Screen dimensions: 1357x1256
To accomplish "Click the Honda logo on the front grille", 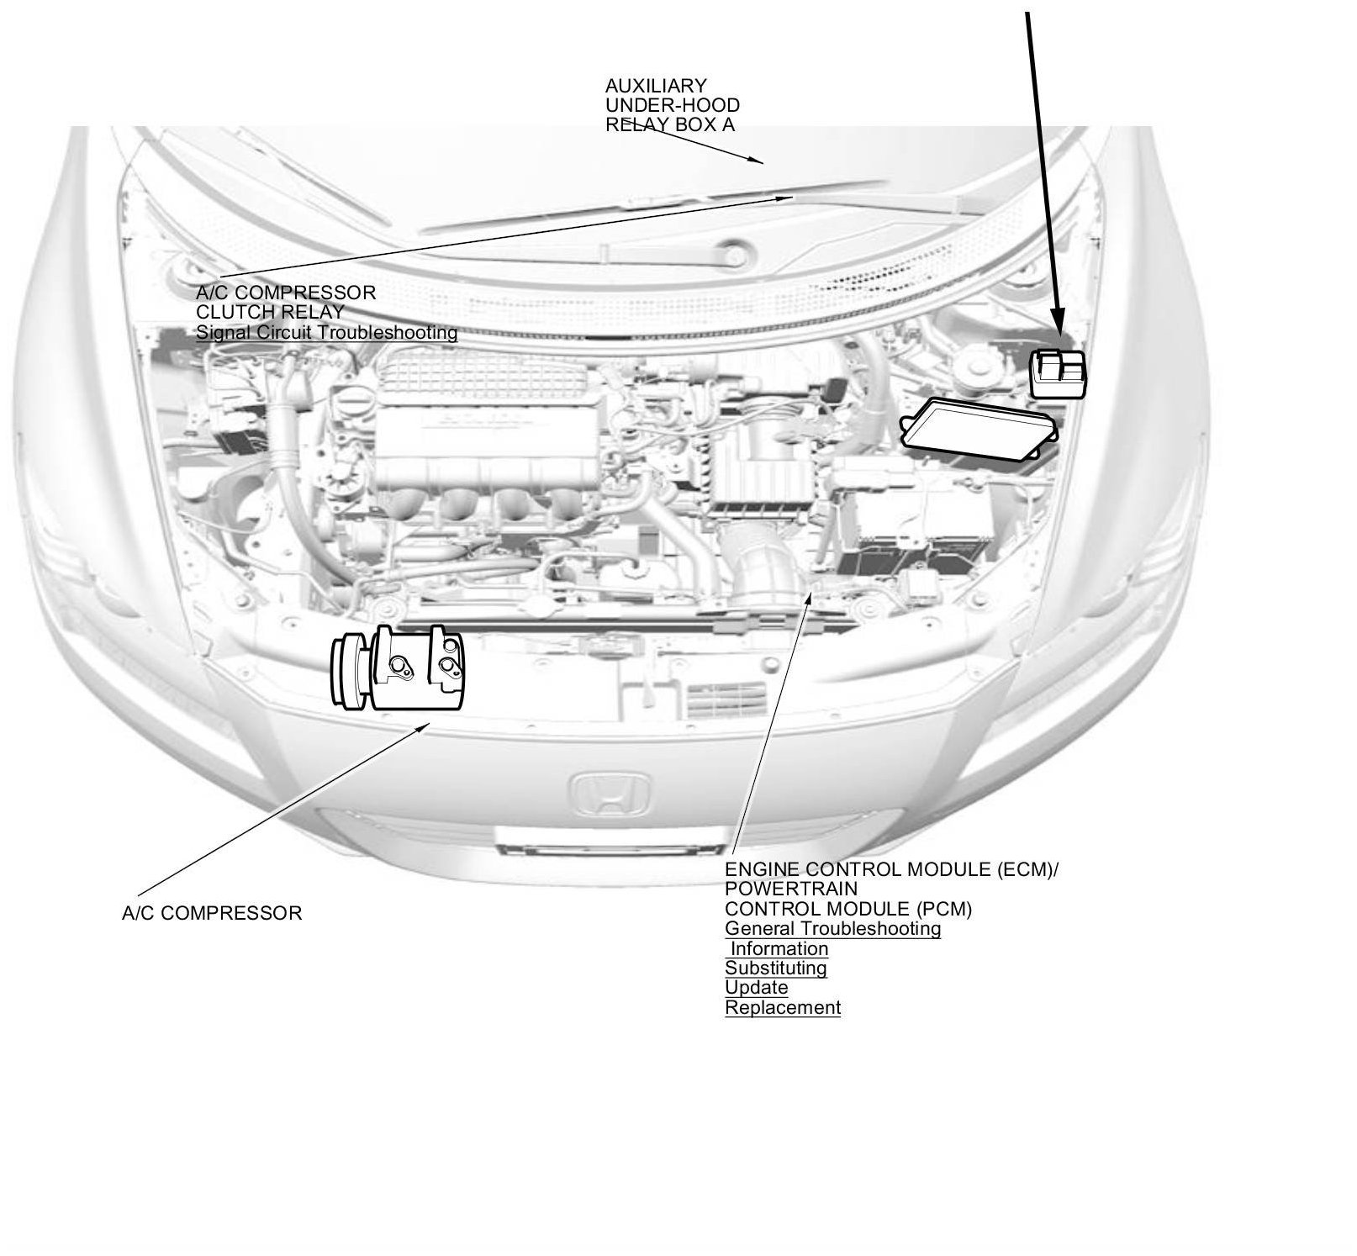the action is [x=611, y=794].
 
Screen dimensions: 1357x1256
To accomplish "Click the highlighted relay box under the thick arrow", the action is [x=1058, y=373].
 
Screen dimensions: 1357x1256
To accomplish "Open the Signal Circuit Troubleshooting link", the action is [x=326, y=333].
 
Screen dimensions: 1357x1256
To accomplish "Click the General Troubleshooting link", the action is [x=832, y=929].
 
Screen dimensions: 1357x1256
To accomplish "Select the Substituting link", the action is [x=775, y=968].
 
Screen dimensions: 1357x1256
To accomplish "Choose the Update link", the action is [x=756, y=988].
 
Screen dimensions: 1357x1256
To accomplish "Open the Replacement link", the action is [x=782, y=1008].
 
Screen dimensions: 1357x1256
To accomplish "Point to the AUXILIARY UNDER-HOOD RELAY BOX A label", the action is [x=672, y=105].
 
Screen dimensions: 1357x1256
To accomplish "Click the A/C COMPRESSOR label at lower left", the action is [x=211, y=913].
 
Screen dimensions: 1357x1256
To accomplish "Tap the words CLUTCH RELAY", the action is [x=270, y=313].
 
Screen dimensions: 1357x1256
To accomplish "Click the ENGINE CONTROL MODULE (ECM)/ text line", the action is [x=891, y=869].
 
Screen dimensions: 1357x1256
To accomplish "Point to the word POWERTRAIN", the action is [x=790, y=889].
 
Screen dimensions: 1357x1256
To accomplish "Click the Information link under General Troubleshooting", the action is [x=779, y=949].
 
